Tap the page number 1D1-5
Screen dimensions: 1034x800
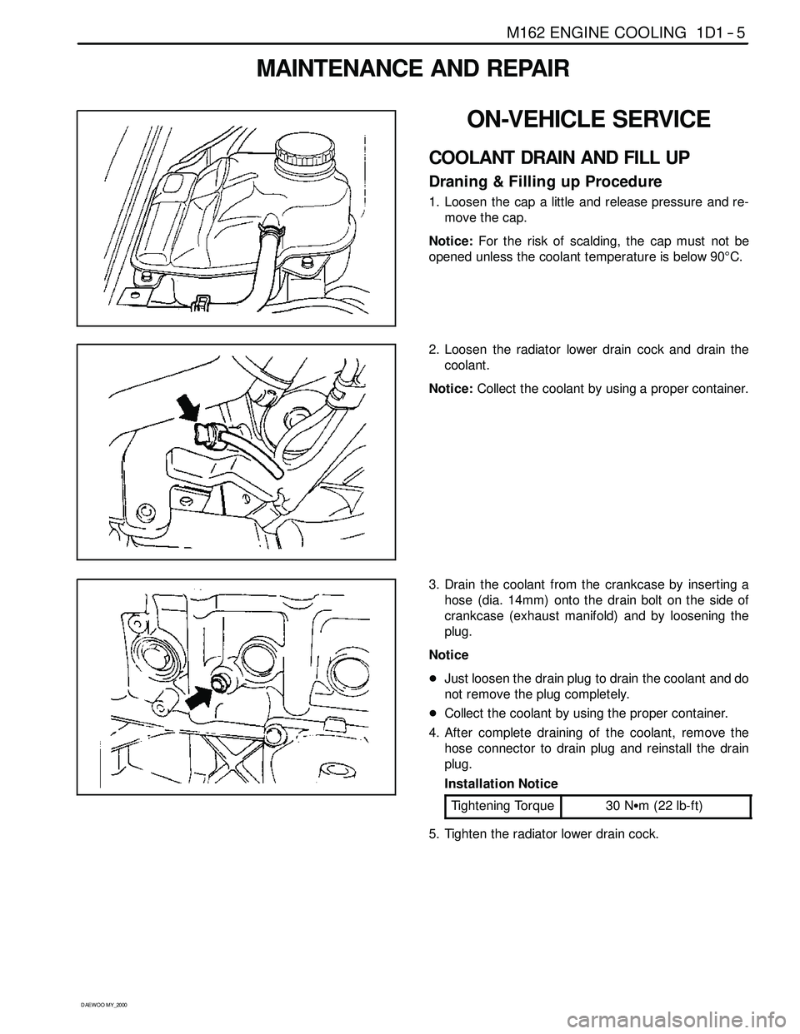[718, 33]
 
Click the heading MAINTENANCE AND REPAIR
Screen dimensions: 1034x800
[413, 69]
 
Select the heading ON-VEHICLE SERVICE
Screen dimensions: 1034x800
[588, 120]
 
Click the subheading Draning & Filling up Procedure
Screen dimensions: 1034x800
[545, 181]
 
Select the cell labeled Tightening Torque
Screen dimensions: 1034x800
[502, 806]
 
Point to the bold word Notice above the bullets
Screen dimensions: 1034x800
[448, 655]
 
